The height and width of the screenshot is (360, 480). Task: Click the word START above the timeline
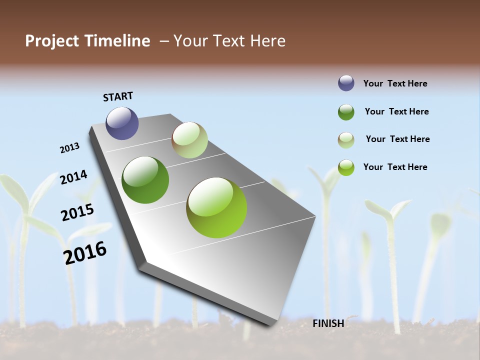click(118, 96)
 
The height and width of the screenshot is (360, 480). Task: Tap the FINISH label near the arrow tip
click(328, 323)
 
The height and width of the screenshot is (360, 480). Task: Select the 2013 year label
click(69, 148)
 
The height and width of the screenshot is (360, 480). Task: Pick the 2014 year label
click(73, 177)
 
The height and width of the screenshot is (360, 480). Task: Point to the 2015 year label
click(77, 212)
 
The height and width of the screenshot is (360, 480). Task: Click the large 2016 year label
click(85, 252)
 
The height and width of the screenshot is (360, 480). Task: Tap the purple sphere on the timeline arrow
click(122, 123)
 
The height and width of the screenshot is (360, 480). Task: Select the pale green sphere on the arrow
click(189, 140)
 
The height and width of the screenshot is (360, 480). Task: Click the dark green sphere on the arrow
click(145, 180)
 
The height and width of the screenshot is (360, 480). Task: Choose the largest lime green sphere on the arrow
click(216, 207)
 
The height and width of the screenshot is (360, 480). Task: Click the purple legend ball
click(346, 83)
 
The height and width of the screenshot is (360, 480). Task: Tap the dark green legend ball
click(346, 112)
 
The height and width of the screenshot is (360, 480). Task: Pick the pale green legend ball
click(346, 140)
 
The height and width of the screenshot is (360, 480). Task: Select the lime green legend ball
click(346, 167)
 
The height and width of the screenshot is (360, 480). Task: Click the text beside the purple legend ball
click(395, 83)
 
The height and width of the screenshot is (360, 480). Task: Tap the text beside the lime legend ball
click(395, 167)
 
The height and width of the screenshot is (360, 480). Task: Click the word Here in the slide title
click(267, 41)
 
